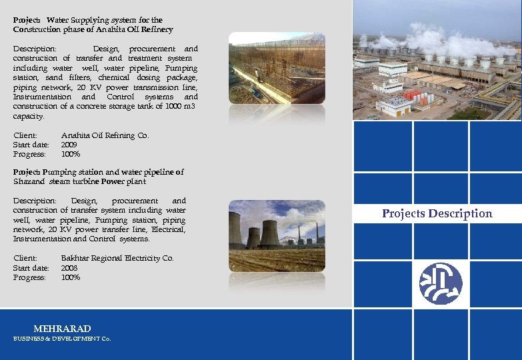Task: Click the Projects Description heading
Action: pos(437,214)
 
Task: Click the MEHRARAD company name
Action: pos(62,329)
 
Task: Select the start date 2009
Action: pos(69,145)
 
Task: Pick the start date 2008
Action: pos(69,267)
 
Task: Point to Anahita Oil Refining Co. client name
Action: pos(105,135)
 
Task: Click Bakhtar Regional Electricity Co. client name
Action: pos(117,258)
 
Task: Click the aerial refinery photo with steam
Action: pos(437,60)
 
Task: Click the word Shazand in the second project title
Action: pos(29,181)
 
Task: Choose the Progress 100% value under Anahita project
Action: pos(71,154)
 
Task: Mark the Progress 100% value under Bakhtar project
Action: pos(71,277)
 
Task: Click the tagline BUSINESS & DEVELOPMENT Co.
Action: pos(62,339)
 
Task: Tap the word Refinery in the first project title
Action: pos(157,29)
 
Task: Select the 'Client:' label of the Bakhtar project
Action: pos(25,258)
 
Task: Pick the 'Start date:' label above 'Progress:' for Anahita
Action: pos(31,145)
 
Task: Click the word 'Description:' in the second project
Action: pos(35,201)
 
